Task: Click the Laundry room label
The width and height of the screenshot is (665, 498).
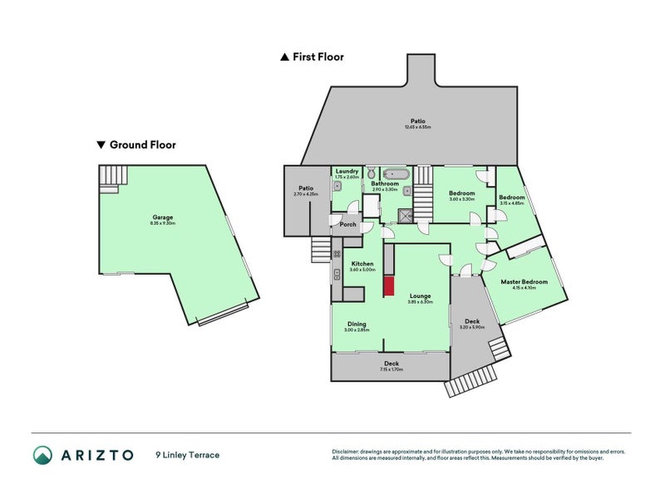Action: pos(347,171)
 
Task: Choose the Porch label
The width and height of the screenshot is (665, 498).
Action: pos(348,224)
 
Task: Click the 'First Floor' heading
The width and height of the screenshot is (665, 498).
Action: pos(318,57)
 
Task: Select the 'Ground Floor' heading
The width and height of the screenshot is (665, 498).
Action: pos(143,144)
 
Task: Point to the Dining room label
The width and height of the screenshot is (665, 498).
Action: pos(356,324)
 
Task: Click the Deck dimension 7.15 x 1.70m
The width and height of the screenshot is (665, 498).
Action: pos(391,369)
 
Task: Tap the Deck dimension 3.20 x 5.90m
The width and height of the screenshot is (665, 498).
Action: pos(471,327)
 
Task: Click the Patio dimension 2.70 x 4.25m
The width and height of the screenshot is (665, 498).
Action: pos(306,194)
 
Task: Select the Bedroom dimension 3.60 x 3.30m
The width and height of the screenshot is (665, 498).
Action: pos(461,199)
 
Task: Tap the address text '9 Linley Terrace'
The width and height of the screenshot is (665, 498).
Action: pos(187,455)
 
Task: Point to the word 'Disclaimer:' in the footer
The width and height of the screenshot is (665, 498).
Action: pos(346,452)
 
